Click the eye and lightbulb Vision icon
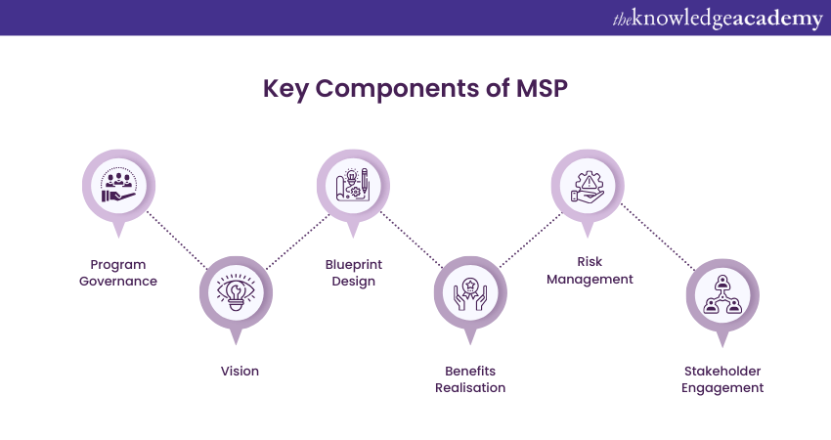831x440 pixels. (235, 292)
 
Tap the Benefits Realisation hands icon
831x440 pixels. (470, 292)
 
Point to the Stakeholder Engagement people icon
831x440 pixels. (723, 292)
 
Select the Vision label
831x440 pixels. (240, 371)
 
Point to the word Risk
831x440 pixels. (590, 261)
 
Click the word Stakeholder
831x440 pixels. (723, 371)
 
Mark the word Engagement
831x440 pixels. (723, 388)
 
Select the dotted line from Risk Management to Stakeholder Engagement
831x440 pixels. (657, 240)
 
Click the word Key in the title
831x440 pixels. (284, 89)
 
